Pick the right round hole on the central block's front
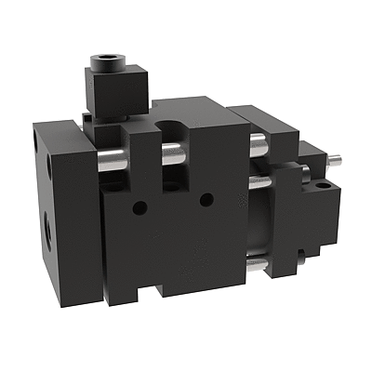pyautogui.click(x=206, y=197)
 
